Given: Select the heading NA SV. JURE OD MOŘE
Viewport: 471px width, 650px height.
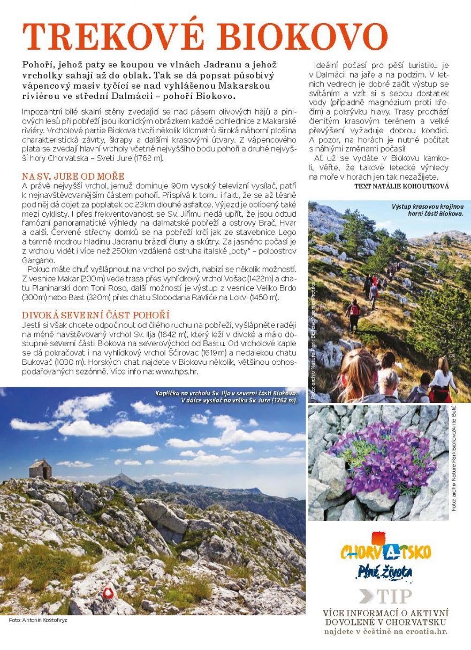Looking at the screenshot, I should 73,176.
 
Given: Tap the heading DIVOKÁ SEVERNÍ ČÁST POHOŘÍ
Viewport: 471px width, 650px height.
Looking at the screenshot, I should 95,315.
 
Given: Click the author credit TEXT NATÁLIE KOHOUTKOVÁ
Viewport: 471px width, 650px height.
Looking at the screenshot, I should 401,186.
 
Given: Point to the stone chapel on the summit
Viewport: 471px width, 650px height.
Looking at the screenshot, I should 41,469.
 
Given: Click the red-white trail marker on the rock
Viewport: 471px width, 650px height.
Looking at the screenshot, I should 109,592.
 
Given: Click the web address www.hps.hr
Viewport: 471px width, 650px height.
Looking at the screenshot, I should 173,370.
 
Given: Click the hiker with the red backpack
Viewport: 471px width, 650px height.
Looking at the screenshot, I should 354,310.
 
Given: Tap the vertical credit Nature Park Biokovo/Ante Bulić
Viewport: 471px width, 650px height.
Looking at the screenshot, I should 454,457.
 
